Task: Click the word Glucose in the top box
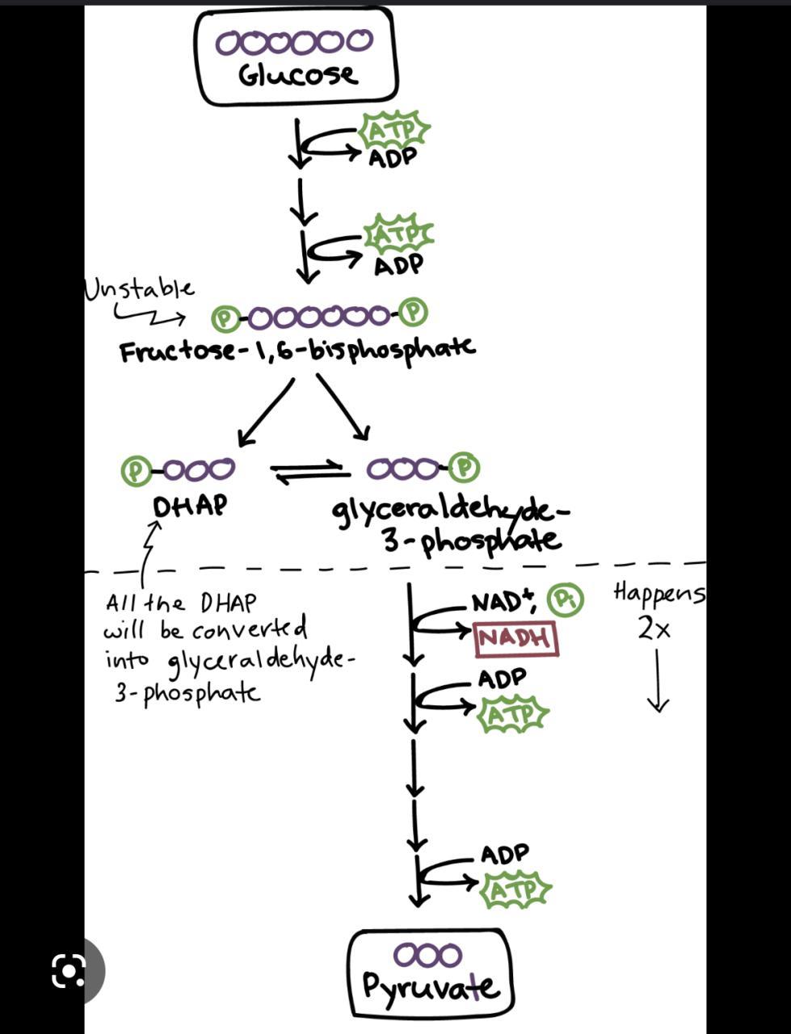pyautogui.click(x=297, y=75)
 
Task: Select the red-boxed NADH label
pyautogui.click(x=516, y=638)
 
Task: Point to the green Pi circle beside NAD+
pyautogui.click(x=565, y=600)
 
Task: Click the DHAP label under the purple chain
pyautogui.click(x=190, y=506)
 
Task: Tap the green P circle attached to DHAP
pyautogui.click(x=136, y=470)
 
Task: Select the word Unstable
pyautogui.click(x=139, y=288)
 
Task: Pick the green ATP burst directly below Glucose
pyautogui.click(x=394, y=129)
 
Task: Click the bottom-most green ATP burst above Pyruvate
pyautogui.click(x=515, y=890)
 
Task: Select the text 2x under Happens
pyautogui.click(x=654, y=628)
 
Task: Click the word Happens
pyautogui.click(x=658, y=593)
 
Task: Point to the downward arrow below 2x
pyautogui.click(x=658, y=683)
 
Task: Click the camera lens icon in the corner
pyautogui.click(x=69, y=970)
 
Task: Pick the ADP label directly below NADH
pyautogui.click(x=502, y=679)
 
